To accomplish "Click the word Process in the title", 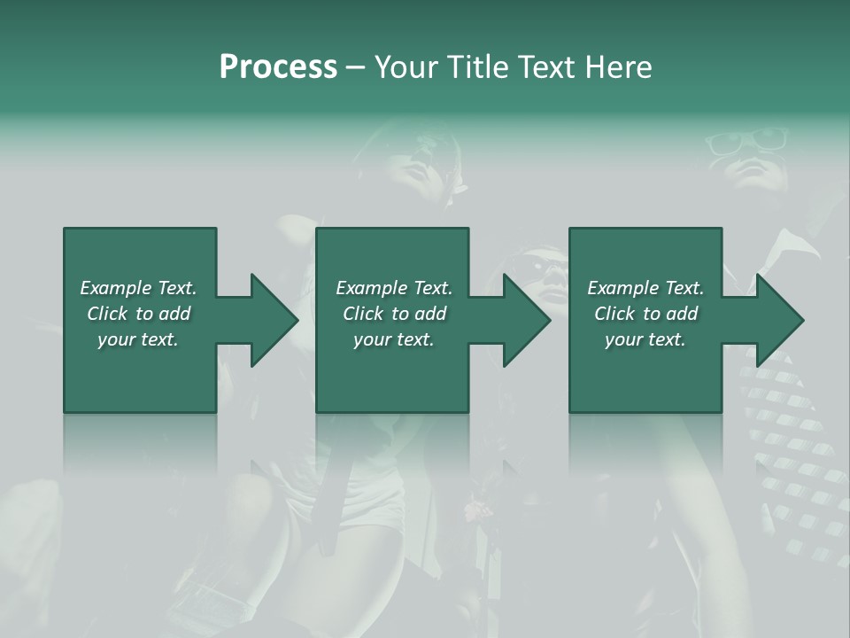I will click(278, 67).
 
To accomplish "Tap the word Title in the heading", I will click(479, 67).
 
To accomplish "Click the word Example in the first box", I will click(116, 288).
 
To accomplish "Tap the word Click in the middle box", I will click(363, 314).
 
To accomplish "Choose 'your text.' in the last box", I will click(645, 339).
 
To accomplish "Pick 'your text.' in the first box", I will click(137, 339).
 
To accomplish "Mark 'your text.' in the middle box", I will click(393, 339).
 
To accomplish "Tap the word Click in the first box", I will click(107, 314).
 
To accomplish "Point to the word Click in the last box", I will click(614, 314).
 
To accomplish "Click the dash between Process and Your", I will click(355, 67).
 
